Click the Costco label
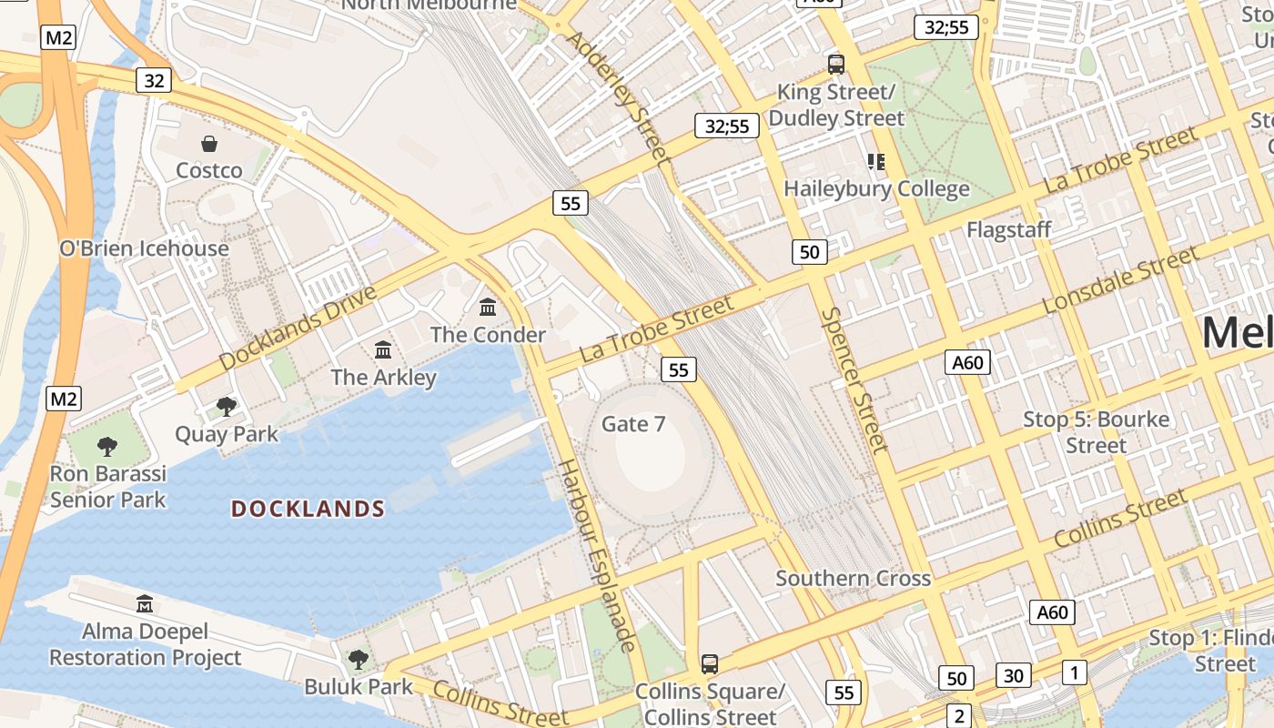209,170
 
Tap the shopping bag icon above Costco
209,144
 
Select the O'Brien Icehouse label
144,248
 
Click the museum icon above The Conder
488,308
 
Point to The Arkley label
383,377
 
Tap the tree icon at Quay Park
227,407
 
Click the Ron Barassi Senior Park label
108,487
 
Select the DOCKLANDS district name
308,509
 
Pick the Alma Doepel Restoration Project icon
144,603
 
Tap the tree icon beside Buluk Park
359,659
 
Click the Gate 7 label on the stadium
633,424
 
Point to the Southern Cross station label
853,578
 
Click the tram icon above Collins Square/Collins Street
710,664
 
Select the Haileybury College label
876,189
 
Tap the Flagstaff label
1008,229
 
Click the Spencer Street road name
854,379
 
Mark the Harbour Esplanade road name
596,555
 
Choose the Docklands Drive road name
298,328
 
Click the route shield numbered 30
1014,675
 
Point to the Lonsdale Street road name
1121,280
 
